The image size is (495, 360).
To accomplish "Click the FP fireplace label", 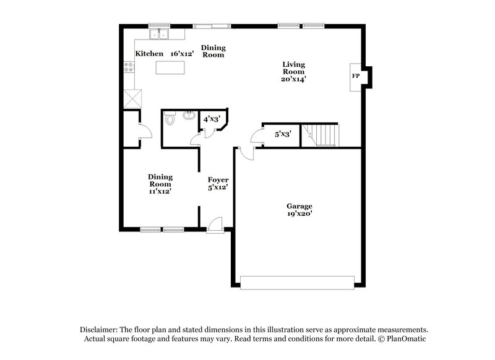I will [356, 76].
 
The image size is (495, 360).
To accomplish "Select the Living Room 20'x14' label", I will [295, 72].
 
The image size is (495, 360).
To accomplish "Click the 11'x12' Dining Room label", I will [160, 184].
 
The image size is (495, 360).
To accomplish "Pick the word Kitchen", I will [150, 54].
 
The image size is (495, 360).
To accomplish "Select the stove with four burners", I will [130, 69].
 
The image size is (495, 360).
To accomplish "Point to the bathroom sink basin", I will [189, 115].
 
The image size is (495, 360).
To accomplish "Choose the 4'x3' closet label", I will [212, 118].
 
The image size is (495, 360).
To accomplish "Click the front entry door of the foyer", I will [215, 226].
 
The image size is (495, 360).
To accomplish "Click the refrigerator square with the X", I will [132, 99].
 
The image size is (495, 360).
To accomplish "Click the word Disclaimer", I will [100, 330].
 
